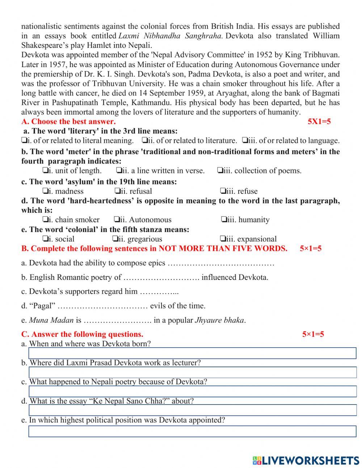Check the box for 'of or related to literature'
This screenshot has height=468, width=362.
[x=144, y=140]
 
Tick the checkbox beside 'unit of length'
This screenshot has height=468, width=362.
[x=45, y=170]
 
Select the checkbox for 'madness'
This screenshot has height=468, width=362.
[x=45, y=191]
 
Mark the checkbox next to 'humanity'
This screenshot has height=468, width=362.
[x=224, y=220]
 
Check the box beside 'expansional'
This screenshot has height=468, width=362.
[x=223, y=239]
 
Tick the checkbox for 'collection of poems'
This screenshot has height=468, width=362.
[x=220, y=170]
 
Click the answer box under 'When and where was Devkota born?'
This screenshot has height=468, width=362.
[x=192, y=353]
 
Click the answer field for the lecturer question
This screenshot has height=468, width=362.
[x=192, y=372]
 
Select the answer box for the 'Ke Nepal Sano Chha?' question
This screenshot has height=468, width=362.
[x=192, y=410]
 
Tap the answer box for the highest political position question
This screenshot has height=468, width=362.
[x=192, y=431]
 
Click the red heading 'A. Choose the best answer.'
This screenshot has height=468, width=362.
[x=68, y=121]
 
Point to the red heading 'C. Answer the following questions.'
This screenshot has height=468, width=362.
[x=82, y=334]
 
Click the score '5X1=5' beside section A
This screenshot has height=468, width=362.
[x=319, y=121]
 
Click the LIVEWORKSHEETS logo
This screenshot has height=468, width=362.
[x=306, y=460]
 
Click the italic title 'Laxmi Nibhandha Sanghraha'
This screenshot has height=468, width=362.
[x=170, y=36]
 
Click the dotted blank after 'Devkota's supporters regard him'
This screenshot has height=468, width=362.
[x=159, y=292]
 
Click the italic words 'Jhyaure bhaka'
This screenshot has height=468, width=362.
[x=219, y=320]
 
